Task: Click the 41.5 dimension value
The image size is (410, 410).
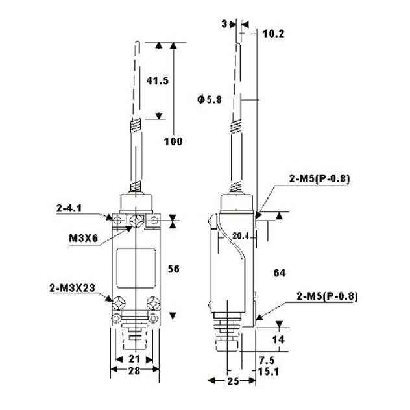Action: [x=158, y=80]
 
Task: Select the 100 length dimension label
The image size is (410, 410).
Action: [x=173, y=141]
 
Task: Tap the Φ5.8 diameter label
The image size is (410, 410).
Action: [x=210, y=99]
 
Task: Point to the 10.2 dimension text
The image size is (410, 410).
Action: [x=273, y=34]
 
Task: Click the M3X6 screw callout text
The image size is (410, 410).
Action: [x=84, y=238]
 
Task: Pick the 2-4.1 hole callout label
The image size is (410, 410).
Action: [x=69, y=208]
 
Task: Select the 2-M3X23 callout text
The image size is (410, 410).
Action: [x=72, y=288]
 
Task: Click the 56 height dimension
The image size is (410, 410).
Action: [x=174, y=269]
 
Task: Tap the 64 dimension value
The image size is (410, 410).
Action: [x=280, y=273]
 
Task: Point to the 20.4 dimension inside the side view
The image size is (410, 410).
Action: [x=240, y=236]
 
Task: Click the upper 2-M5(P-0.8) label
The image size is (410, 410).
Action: [x=319, y=179]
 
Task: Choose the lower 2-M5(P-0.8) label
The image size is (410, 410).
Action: [x=327, y=296]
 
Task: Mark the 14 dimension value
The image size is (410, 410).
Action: [x=278, y=340]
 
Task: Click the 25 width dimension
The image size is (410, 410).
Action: [x=234, y=381]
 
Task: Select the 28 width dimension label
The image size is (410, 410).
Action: [x=134, y=370]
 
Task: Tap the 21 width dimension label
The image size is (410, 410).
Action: [x=134, y=359]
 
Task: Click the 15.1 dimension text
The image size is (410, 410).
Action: [x=269, y=371]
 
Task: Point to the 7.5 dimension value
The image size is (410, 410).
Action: [x=267, y=361]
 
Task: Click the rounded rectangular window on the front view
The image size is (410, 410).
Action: [x=136, y=269]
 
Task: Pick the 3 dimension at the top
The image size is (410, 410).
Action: [x=224, y=24]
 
